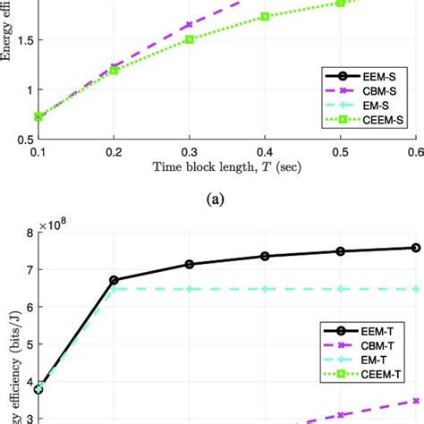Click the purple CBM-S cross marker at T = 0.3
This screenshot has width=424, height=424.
pyautogui.click(x=189, y=25)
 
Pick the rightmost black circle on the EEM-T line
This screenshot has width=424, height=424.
pyautogui.click(x=415, y=248)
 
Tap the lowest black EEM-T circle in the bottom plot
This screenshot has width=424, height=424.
pyautogui.click(x=38, y=389)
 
